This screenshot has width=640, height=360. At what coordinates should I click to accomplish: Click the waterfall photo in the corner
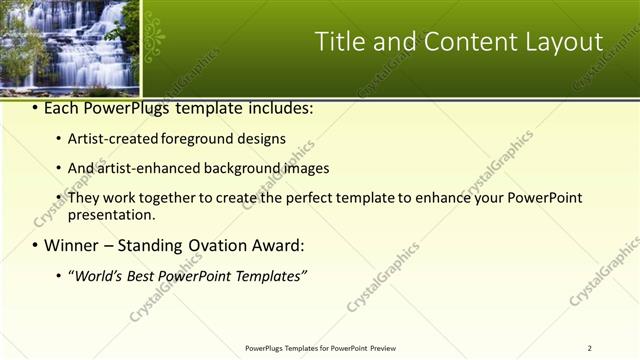[x=69, y=44]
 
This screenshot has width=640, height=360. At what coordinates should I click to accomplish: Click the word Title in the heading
[x=341, y=42]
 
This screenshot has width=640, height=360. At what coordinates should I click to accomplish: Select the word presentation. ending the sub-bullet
[x=111, y=214]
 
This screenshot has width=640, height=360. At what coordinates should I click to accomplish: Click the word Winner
[x=71, y=245]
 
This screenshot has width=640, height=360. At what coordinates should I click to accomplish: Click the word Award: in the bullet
[x=279, y=245]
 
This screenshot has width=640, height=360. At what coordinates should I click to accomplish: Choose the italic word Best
[x=143, y=275]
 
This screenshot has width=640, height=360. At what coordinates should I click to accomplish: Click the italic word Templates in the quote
[x=269, y=275]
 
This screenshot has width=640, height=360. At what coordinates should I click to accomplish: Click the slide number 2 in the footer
[x=589, y=348]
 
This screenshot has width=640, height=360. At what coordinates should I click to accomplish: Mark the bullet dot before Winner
[x=35, y=246]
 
